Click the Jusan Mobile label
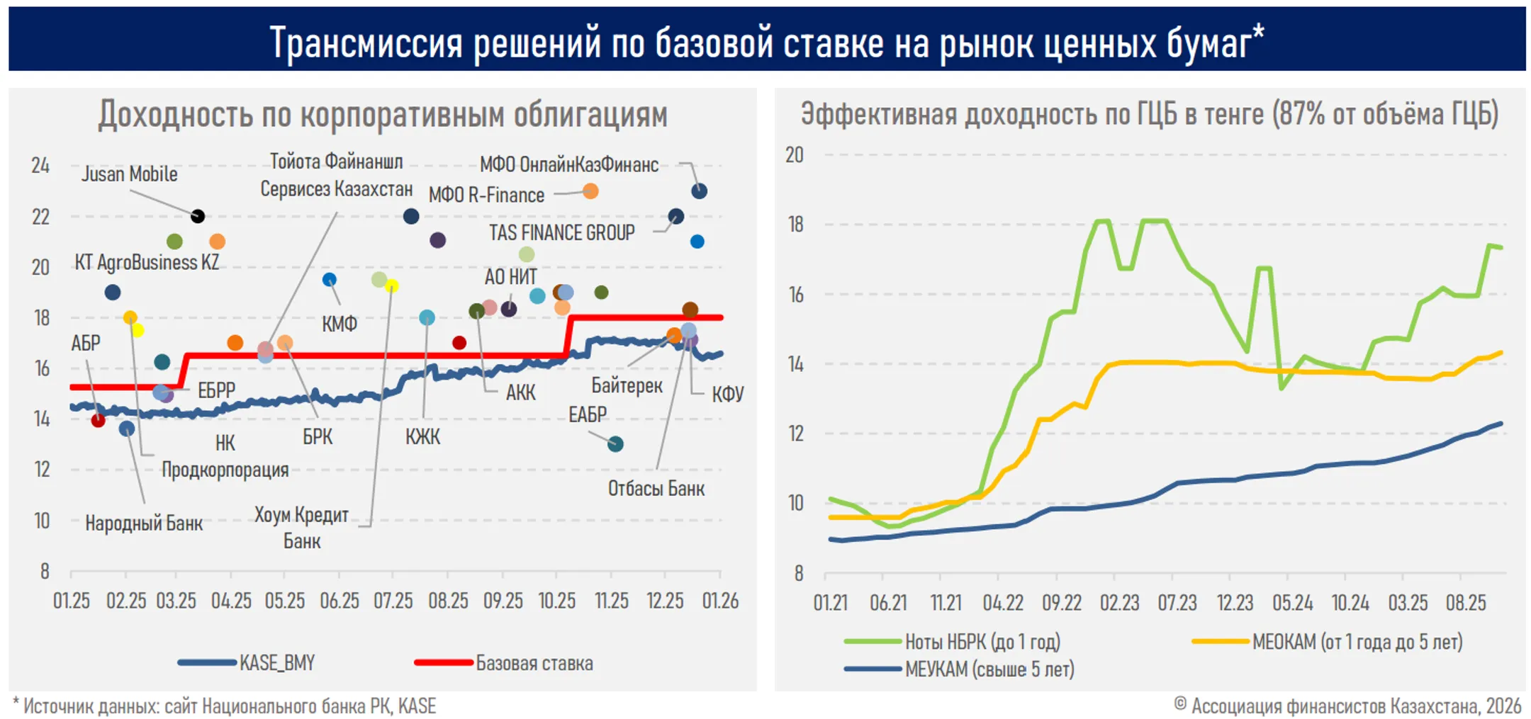[129, 174]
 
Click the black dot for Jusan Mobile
[198, 216]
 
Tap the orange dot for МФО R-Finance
[590, 191]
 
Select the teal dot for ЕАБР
[615, 444]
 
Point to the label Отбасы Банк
[656, 489]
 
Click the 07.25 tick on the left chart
[393, 601]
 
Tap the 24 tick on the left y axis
[40, 166]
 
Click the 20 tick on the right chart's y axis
[795, 154]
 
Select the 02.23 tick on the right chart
[1119, 603]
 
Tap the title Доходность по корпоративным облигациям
[383, 115]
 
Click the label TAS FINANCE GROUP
[561, 232]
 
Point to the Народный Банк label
[144, 523]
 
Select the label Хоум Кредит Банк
[302, 528]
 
